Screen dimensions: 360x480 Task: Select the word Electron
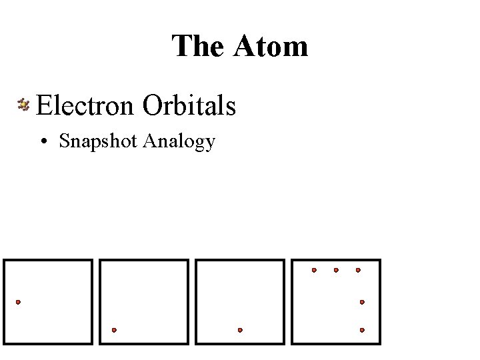point(86,105)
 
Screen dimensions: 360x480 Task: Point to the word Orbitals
point(189,105)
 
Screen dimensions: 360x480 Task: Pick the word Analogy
point(179,142)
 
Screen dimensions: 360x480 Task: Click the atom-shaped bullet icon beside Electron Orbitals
point(24,104)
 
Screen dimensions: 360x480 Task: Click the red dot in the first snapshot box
point(18,302)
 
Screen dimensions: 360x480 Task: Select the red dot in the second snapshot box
point(114,329)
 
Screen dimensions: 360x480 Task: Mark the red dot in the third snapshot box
point(240,329)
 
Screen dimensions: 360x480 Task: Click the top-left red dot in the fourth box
point(315,270)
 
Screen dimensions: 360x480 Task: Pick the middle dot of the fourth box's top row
point(336,270)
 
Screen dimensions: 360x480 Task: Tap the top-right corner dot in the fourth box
point(358,270)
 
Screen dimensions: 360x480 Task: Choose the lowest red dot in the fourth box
point(362,329)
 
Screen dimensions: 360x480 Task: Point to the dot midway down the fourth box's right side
point(362,302)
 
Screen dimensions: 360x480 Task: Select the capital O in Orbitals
point(153,105)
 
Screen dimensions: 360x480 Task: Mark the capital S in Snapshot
point(64,141)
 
